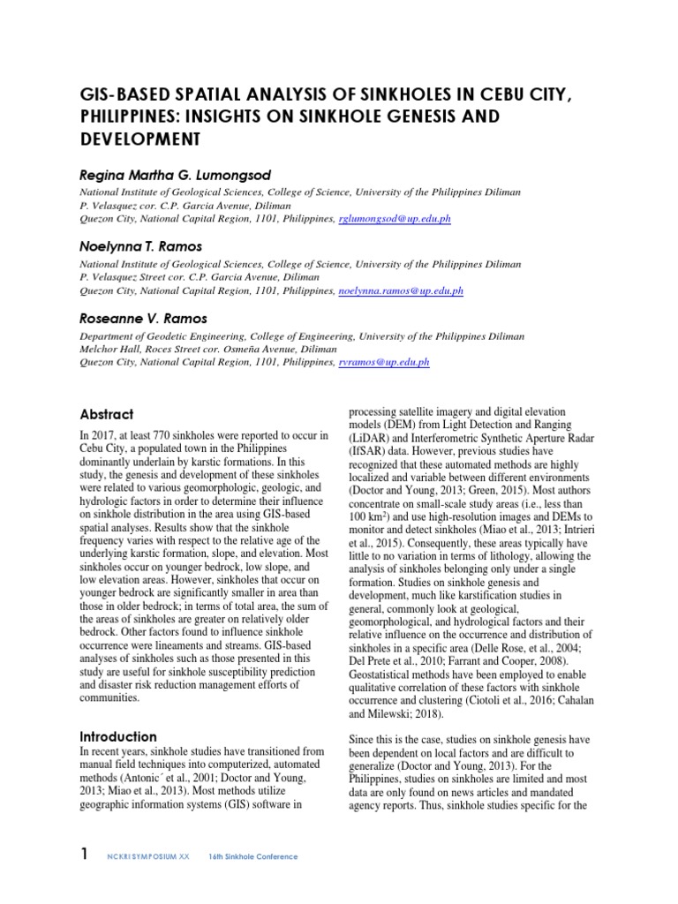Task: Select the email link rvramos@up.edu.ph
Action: pyautogui.click(x=384, y=363)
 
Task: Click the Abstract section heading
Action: pyautogui.click(x=107, y=414)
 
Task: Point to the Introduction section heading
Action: pyautogui.click(x=118, y=736)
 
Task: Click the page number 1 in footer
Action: pyautogui.click(x=84, y=855)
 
